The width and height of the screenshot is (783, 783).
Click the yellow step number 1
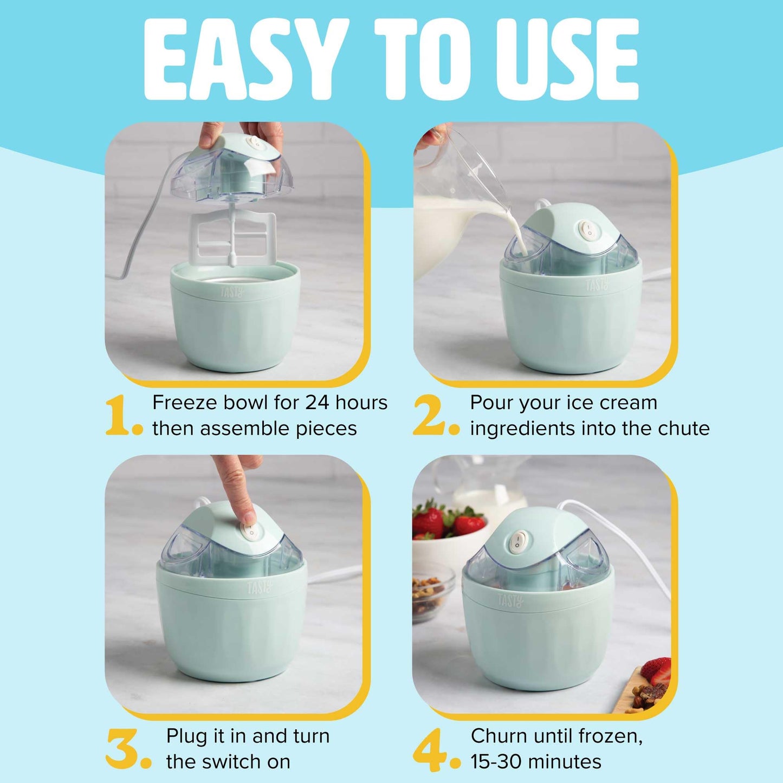[118, 416]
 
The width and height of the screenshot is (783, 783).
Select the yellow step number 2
[430, 416]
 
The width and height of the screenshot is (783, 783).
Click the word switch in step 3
[236, 761]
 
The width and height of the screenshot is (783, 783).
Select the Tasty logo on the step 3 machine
[260, 588]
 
